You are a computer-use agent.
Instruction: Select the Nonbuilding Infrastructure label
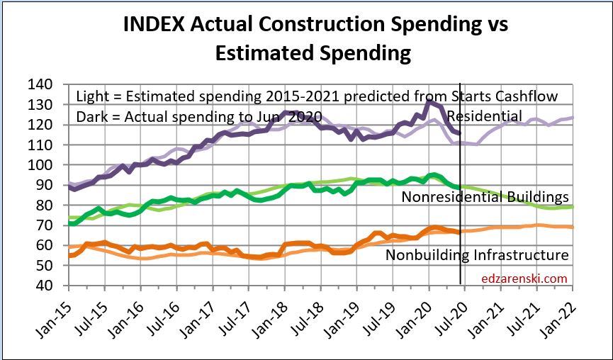477,254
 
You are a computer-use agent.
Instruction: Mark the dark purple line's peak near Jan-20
429,102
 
